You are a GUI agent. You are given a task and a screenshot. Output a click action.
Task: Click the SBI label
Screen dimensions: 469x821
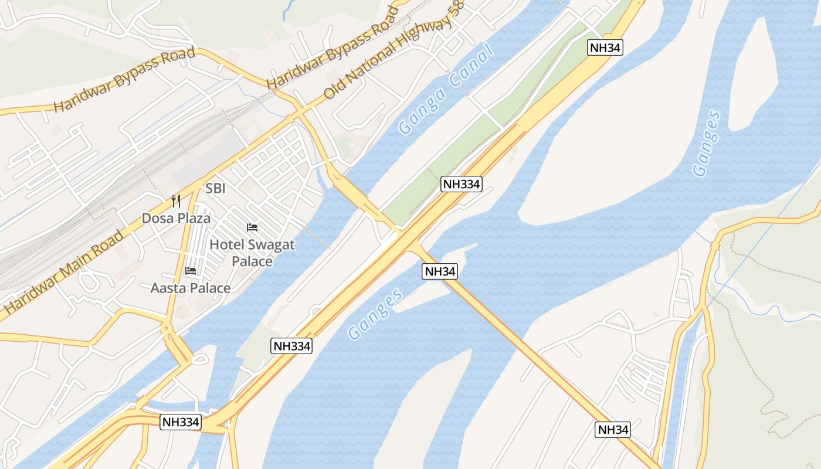click(215, 189)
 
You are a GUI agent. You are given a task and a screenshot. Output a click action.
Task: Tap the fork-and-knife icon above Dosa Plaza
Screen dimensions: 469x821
click(176, 201)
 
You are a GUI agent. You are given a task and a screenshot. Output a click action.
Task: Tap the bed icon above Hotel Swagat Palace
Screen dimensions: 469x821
click(252, 227)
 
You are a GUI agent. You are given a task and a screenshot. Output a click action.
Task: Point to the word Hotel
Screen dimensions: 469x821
click(226, 244)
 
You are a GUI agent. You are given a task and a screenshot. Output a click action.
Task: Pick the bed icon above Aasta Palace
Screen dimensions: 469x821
click(191, 270)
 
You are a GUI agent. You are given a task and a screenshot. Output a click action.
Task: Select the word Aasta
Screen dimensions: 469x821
click(167, 288)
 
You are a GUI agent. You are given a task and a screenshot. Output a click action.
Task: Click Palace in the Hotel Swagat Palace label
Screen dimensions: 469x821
click(252, 261)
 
